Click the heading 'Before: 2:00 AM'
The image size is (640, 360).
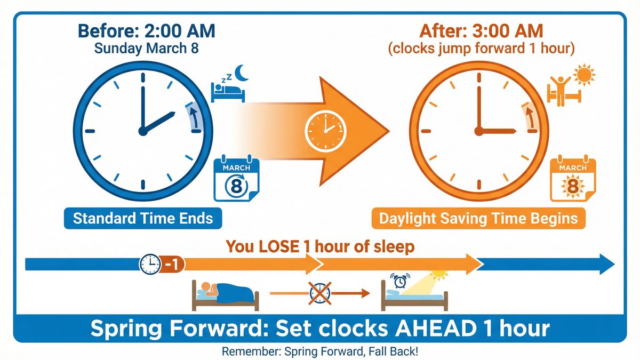(x=146, y=30)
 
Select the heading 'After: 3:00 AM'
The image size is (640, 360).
(x=482, y=30)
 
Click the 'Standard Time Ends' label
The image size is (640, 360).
(x=142, y=218)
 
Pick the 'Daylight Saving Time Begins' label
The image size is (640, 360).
(x=478, y=218)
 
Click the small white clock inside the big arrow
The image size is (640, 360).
(x=325, y=130)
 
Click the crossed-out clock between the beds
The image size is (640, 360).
(x=320, y=293)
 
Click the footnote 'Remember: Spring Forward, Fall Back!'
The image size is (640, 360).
(x=319, y=351)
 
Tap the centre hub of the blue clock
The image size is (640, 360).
(x=142, y=131)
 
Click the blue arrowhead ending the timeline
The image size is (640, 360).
(x=603, y=263)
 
